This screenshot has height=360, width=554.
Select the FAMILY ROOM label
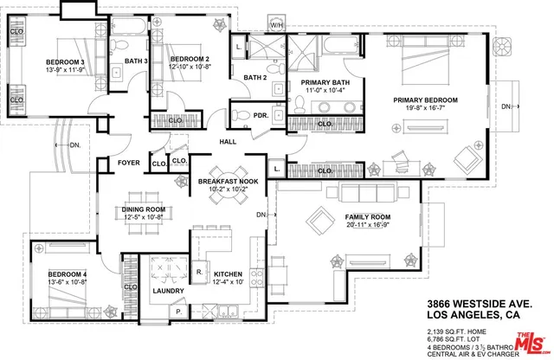click(367, 217)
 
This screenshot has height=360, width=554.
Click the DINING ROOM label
click(142, 209)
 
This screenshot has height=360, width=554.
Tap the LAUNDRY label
click(167, 291)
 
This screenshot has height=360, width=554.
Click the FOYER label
click(129, 162)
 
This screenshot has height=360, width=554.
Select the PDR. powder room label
click(259, 115)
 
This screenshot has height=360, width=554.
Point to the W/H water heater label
click(277, 26)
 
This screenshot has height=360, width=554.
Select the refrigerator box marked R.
click(199, 272)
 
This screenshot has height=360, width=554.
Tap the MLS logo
click(531, 340)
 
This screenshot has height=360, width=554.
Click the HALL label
click(228, 141)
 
